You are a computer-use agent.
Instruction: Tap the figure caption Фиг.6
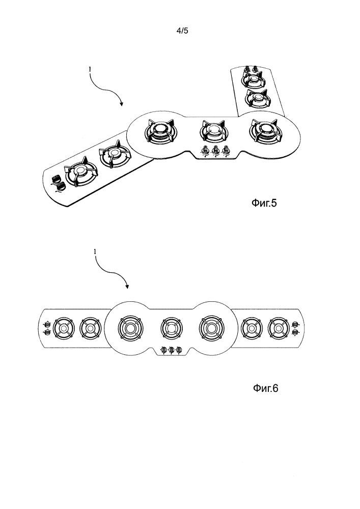[265, 389]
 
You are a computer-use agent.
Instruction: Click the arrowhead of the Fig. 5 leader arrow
[121, 105]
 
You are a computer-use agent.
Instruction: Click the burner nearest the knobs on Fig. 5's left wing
[78, 175]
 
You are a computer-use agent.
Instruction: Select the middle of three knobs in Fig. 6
[172, 350]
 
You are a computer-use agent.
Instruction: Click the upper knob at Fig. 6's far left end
[47, 324]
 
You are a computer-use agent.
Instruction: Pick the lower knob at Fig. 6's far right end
[295, 333]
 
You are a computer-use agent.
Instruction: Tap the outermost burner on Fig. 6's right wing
[278, 328]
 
